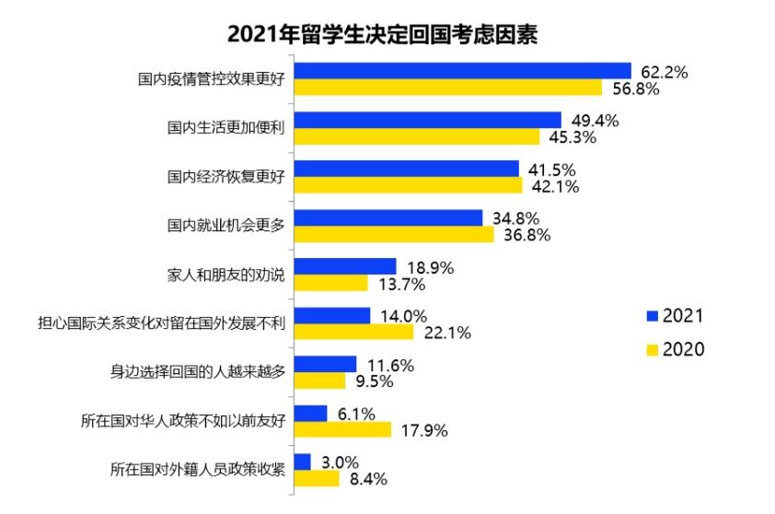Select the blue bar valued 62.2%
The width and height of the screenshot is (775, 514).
click(462, 71)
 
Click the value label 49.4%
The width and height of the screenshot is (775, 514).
click(596, 121)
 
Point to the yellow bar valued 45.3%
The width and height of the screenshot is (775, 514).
click(416, 136)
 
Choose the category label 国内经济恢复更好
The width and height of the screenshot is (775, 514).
click(226, 177)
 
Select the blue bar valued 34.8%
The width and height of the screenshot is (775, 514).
click(387, 217)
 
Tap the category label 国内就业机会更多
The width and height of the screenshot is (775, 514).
click(226, 226)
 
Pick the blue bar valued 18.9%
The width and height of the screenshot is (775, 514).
click(344, 266)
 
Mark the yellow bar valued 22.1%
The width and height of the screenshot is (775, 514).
click(353, 332)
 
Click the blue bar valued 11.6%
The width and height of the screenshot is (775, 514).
click(324, 364)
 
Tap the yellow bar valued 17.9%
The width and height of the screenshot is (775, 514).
click(342, 429)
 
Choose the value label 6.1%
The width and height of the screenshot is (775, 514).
click(355, 414)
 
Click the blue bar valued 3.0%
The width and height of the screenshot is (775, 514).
click(302, 461)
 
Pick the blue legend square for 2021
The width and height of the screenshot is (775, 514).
click(653, 315)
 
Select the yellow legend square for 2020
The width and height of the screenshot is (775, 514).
click(653, 349)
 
